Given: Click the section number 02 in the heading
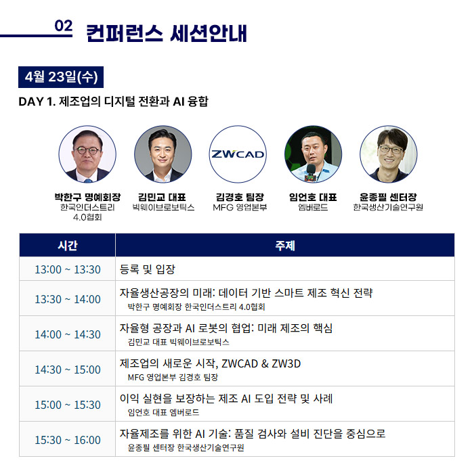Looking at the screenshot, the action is pos(64,26).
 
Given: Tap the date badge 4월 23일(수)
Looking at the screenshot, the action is pos(61,77).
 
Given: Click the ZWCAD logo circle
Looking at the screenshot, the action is pos(238,154).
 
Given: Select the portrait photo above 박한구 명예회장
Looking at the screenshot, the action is pos(87,154).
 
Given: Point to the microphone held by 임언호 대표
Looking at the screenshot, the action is pos(311,173).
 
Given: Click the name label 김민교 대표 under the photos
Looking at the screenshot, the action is pos(162,198).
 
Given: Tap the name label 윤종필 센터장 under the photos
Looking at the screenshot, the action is pos(388,198).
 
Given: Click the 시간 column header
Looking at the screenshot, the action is pos(68,246).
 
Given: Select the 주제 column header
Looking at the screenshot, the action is pos(285,246).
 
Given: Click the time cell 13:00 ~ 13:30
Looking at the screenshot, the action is pos(68,269).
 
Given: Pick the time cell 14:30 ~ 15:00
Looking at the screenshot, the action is pos(68,370).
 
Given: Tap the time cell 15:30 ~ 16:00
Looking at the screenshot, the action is pos(68,440).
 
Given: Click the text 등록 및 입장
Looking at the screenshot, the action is pos(147,269).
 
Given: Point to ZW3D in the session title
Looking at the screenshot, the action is pos(286,363).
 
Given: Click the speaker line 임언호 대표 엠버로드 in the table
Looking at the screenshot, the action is pos(163,413).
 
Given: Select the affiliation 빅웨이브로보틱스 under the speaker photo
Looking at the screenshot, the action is pos(163,207).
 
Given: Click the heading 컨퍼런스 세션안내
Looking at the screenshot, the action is pos(167,33).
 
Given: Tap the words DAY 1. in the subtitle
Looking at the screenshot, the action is pos(37,102).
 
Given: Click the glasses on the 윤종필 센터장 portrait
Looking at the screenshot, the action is pos(391,150).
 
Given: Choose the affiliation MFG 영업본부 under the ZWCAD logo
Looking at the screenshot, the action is pos(240,207).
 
